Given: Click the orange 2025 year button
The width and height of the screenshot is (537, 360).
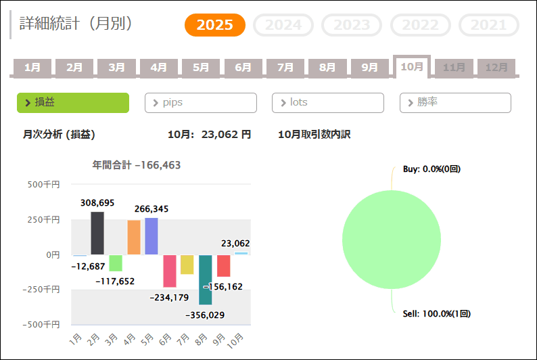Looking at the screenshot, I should tap(214, 25).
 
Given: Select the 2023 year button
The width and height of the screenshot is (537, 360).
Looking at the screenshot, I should tap(352, 25).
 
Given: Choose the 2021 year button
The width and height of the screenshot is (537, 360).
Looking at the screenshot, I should tap(488, 25).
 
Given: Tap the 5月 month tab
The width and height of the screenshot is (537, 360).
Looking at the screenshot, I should tap(200, 67).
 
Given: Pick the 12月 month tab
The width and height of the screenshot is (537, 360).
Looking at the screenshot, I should tap(496, 67).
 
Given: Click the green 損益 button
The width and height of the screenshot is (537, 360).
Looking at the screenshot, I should tap(72, 103).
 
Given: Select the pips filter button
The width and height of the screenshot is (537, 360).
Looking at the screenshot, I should tap(200, 103).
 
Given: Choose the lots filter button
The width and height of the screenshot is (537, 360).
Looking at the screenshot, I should tap(327, 103).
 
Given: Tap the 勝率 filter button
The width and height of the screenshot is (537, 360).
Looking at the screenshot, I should tap(455, 103).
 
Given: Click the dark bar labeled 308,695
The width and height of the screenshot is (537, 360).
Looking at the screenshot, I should tap(97, 233).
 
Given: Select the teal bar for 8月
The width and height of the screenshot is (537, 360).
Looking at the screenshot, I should tap(206, 279).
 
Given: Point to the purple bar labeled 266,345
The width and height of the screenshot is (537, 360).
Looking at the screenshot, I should tap(151, 236).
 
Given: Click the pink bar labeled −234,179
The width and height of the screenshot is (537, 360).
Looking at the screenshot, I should tap(169, 271).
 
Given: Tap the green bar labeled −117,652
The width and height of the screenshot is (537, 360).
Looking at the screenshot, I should tap(116, 263).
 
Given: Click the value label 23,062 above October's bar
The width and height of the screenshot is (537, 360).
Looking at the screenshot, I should tap(235, 244).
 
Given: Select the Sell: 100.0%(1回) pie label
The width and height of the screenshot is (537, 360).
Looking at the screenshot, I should tap(436, 314).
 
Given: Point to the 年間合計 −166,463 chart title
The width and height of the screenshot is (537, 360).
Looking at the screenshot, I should tap(137, 164).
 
